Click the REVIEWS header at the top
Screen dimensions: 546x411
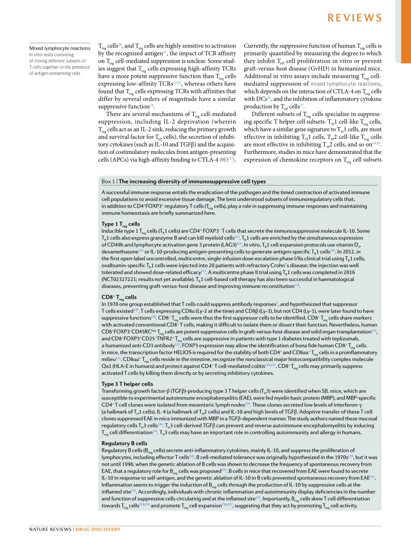coord(354,18)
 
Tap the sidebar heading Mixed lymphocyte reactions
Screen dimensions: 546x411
coord(60,48)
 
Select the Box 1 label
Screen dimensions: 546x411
coord(108,182)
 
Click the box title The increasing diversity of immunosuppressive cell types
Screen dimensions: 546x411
coord(193,182)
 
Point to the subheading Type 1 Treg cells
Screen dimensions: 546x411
coord(121,224)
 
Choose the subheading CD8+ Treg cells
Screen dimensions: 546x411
coord(119,297)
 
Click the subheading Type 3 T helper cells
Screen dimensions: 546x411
coord(127,384)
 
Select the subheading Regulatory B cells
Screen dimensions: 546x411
coord(125,443)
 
